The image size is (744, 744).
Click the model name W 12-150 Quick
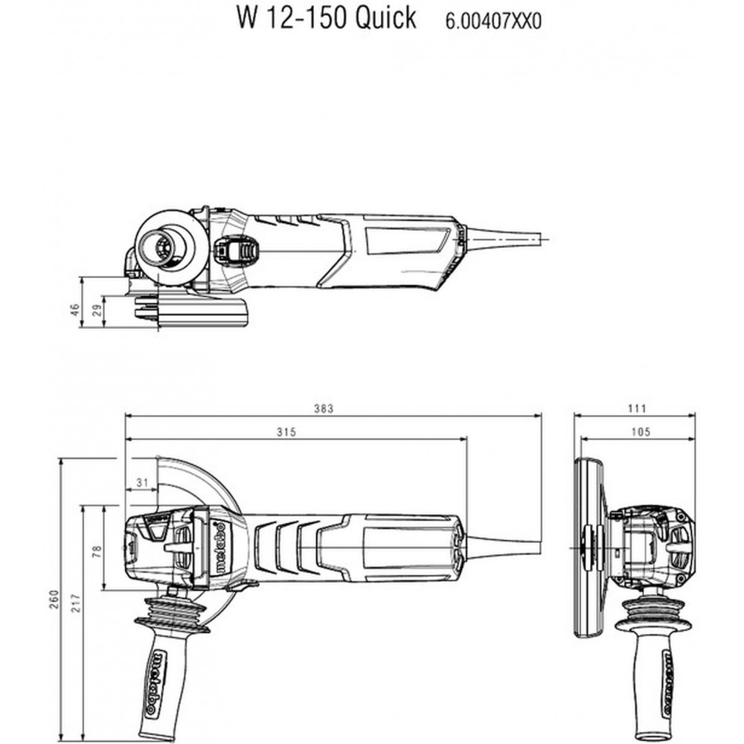coord(327,18)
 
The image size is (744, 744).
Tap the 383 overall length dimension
coord(324,408)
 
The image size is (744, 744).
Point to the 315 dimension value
coord(286,432)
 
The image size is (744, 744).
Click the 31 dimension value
coord(142,483)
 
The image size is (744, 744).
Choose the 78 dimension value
coord(97,551)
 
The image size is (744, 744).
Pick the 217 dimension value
coord(76,603)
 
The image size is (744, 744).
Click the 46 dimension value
coord(75,310)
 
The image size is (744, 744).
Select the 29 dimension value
coord(97,311)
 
